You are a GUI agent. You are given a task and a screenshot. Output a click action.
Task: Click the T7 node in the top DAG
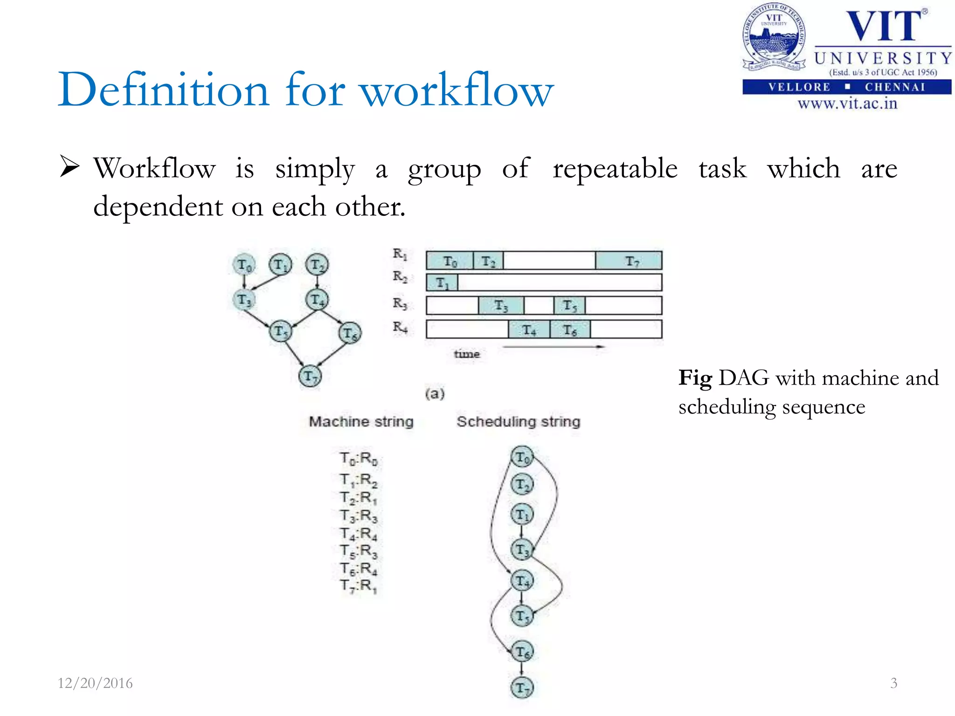(x=310, y=376)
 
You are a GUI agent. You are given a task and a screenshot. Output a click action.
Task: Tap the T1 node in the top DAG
(x=280, y=265)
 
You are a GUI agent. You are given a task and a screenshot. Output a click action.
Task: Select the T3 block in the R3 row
(x=501, y=306)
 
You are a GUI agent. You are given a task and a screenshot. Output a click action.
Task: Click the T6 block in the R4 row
(x=570, y=330)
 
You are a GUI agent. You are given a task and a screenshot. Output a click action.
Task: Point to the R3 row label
(x=400, y=303)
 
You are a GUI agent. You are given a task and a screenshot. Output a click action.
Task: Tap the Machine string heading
(x=361, y=421)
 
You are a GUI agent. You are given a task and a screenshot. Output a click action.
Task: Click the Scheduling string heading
(x=518, y=421)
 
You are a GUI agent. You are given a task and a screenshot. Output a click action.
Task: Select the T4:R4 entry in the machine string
(x=358, y=533)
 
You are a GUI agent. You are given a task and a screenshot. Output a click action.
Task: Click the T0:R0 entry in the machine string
(x=358, y=459)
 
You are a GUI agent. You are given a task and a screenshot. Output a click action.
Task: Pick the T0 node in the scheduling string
(x=522, y=457)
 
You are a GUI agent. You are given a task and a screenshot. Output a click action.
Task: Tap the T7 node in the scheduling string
(x=522, y=688)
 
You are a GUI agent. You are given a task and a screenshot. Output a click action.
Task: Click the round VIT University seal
(x=774, y=37)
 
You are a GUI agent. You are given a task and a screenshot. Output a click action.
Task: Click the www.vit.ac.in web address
(x=847, y=103)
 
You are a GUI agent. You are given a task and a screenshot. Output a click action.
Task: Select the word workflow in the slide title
(x=457, y=90)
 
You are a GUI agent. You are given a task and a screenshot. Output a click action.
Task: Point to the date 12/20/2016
(x=95, y=683)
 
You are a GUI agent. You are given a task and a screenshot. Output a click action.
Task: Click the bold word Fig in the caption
(x=695, y=378)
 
